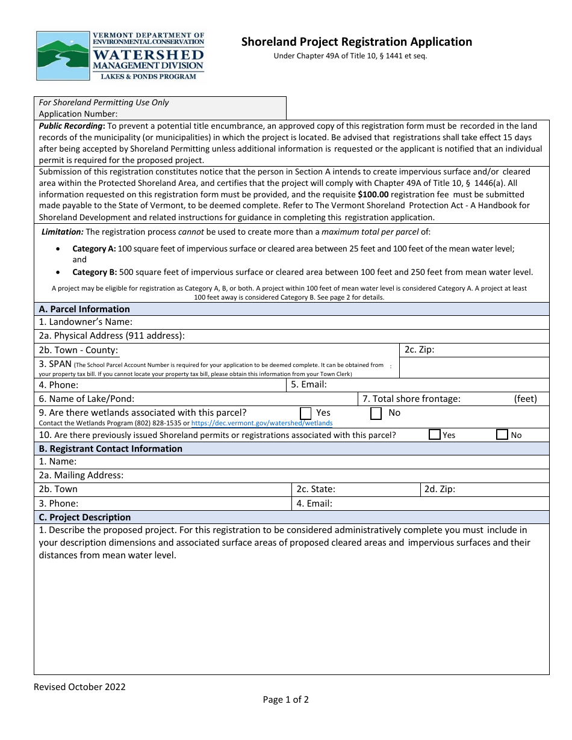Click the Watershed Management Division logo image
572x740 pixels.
pyautogui.click(x=120, y=56)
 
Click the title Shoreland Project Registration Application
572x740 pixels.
pyautogui.click(x=356, y=42)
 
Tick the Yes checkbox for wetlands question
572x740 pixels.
pyautogui.click(x=306, y=413)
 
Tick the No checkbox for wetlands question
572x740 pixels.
pyautogui.click(x=376, y=413)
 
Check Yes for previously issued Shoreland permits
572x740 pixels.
pyautogui.click(x=434, y=434)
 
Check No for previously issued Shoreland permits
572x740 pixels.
pyautogui.click(x=502, y=434)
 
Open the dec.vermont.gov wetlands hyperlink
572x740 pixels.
pyautogui.click(x=261, y=423)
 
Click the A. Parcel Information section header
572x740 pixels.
pyautogui.click(x=84, y=309)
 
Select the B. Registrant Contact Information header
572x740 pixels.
pyautogui.click(x=110, y=449)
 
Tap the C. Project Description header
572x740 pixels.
pyautogui.click(x=84, y=517)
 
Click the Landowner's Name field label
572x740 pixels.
pyautogui.click(x=85, y=322)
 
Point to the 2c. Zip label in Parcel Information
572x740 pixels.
pyautogui.click(x=419, y=350)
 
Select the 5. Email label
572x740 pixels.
pyautogui.click(x=309, y=384)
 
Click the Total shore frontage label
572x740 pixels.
pyautogui.click(x=411, y=398)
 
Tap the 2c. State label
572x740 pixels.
pyautogui.click(x=316, y=489)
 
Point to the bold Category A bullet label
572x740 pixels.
pyautogui.click(x=94, y=248)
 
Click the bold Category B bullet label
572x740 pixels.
pyautogui.click(x=94, y=272)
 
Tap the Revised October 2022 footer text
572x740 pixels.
pyautogui.click(x=79, y=687)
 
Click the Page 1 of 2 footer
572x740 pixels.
pyautogui.click(x=285, y=699)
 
